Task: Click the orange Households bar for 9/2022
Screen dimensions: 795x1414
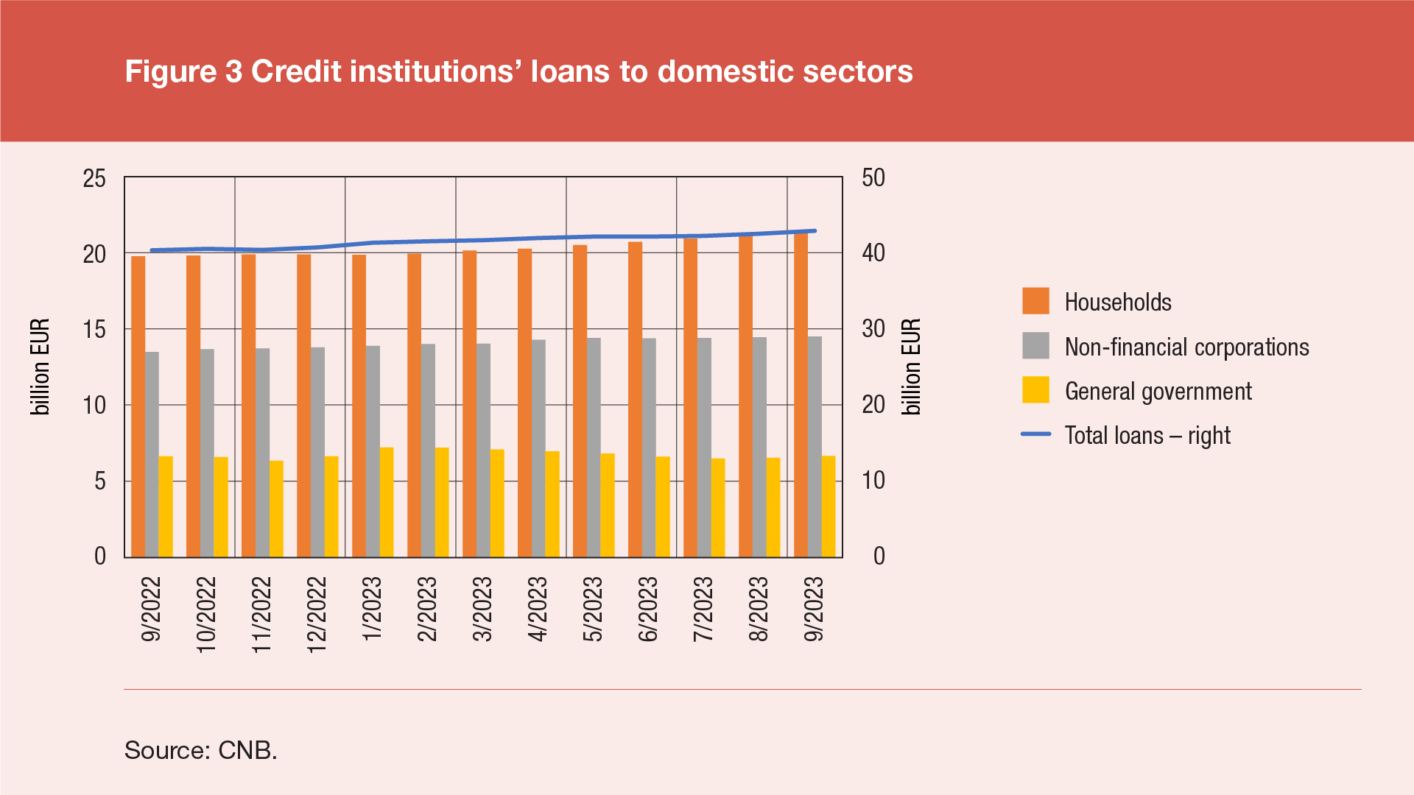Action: point(138,406)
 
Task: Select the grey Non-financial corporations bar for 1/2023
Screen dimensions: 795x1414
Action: point(373,451)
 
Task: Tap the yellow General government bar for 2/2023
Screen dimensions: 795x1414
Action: point(442,502)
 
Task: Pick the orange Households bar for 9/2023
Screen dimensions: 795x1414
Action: point(801,395)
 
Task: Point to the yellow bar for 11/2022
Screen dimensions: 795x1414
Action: point(276,509)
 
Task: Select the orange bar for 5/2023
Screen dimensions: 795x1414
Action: point(580,401)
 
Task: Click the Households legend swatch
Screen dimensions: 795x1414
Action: point(1035,302)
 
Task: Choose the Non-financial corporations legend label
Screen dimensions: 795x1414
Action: point(1186,347)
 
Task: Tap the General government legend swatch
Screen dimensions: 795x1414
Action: point(1035,390)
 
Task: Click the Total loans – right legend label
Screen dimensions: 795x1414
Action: point(1147,435)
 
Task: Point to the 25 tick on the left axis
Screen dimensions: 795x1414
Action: point(95,178)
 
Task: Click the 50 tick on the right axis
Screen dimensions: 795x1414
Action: point(873,178)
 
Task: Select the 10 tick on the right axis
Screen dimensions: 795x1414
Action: point(873,481)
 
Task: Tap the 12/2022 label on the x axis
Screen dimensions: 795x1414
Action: point(317,613)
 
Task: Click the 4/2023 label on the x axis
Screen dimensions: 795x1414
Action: point(538,609)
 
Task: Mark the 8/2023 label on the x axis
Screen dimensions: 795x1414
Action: point(759,609)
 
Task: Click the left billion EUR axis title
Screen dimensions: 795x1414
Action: point(41,367)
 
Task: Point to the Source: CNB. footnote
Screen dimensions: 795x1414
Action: point(200,750)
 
